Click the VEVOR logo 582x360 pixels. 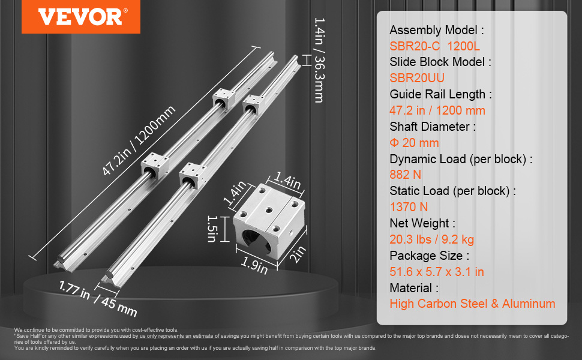click(x=81, y=17)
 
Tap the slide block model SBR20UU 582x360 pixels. click(x=417, y=77)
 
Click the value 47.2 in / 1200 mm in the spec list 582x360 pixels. click(x=437, y=110)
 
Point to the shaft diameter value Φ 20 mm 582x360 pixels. click(x=414, y=143)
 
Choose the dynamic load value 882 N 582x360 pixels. click(x=406, y=175)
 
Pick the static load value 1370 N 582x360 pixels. click(x=409, y=207)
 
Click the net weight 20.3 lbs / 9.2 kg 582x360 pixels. click(x=432, y=239)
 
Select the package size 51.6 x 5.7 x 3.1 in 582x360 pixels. click(x=437, y=272)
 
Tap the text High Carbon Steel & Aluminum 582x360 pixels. click(x=472, y=304)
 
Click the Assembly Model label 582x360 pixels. click(x=437, y=30)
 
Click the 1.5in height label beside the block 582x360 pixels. click(x=211, y=227)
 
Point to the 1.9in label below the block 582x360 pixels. click(x=254, y=266)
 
